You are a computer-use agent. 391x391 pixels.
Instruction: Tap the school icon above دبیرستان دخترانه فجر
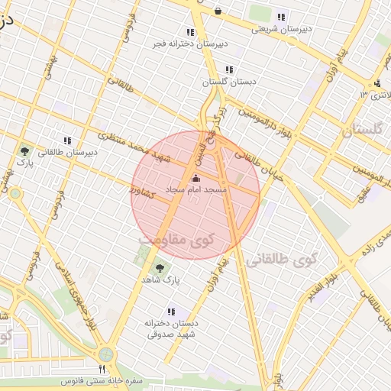coord(190,32)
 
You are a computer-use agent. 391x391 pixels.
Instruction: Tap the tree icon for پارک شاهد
coord(160,268)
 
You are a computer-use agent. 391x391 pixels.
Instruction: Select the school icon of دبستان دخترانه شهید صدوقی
coord(171,312)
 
